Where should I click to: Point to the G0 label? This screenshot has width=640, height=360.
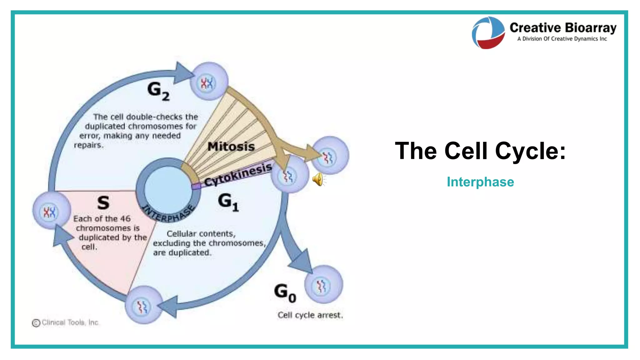coord(285,292)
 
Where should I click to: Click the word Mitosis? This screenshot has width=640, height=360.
coord(231,147)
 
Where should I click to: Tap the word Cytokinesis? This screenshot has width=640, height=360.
coord(238,175)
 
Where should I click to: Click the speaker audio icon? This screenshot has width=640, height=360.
coord(318,179)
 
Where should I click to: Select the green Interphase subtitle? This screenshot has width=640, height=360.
coord(480,182)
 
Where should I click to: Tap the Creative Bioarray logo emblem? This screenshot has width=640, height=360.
coord(488,32)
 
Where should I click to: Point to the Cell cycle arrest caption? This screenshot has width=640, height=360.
coord(310,315)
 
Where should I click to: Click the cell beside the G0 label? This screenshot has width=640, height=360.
coord(323,285)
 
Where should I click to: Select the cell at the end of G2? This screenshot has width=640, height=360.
coord(209,82)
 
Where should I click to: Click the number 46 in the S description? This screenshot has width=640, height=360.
coord(125,219)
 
